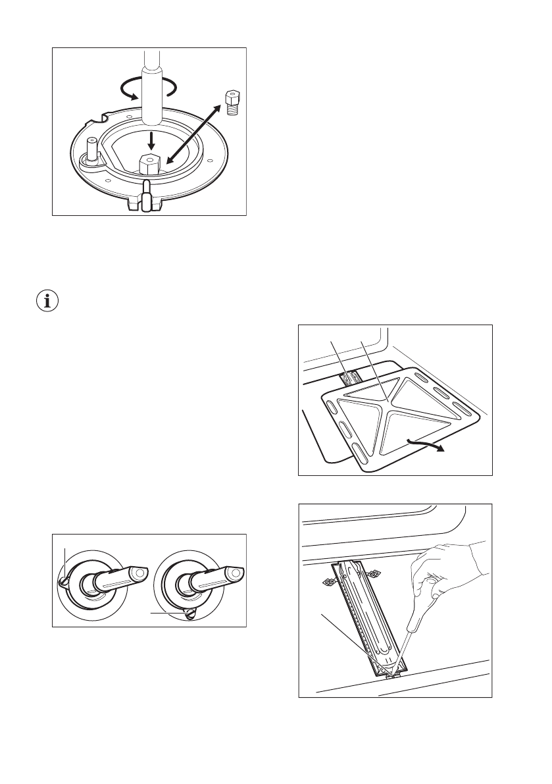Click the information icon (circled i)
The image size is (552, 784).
coord(46,302)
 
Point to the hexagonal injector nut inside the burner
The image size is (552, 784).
coord(150,164)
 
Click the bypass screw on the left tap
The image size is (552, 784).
coord(64,580)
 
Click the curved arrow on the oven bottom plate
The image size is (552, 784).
coord(424,443)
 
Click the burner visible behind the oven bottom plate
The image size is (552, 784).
coord(351,379)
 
